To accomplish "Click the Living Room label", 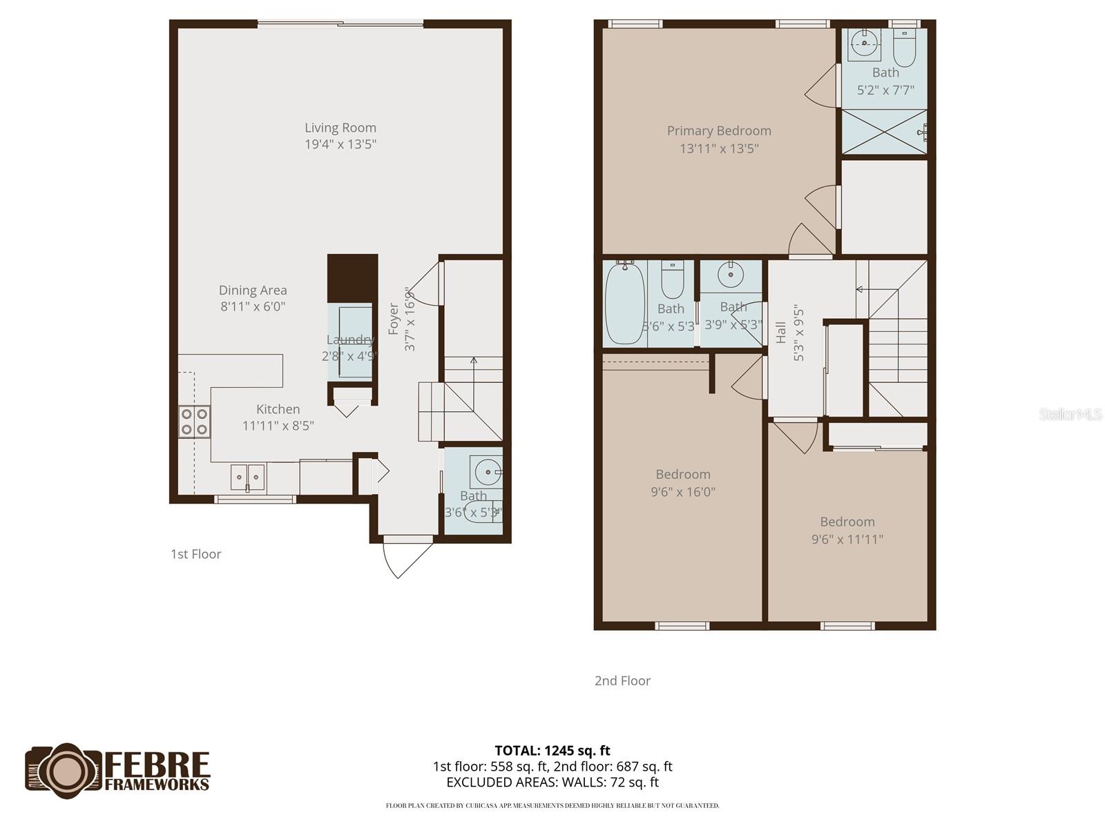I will coord(340,128).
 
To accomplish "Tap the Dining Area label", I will coord(253,290).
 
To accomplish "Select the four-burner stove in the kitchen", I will coord(194,422).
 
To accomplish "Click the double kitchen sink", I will coord(247,476).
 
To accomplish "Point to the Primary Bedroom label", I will coord(719,130).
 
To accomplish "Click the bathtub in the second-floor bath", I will coord(624,304).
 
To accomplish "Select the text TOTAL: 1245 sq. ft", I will coord(552,751).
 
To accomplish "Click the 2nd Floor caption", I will coord(622,681).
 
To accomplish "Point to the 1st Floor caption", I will coord(196,554).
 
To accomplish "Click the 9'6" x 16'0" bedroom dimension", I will coord(683,492).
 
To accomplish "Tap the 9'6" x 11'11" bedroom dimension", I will coord(847,540).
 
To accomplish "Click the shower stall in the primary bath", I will coord(884,132).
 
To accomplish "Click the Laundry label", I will coord(350,339).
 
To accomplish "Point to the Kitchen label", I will coord(278,409).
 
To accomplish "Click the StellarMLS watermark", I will coord(1070,414).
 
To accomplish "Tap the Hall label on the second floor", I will coord(781,332).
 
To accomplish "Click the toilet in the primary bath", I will coord(903,47).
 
